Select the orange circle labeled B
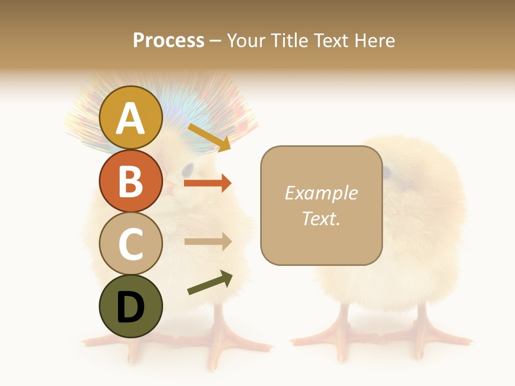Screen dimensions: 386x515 tap(130, 181)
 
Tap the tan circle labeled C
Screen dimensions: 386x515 tap(130, 243)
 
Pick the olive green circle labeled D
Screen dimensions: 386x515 tap(130, 306)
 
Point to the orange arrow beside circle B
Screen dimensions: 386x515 tap(208, 183)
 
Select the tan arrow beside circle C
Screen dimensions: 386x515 tap(208, 242)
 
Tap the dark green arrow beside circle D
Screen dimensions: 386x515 tap(210, 283)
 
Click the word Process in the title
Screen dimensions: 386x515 tap(168, 40)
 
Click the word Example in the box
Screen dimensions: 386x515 tap(321, 193)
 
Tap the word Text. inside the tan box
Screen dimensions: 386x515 tap(321, 218)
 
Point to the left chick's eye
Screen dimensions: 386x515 tap(187, 170)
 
